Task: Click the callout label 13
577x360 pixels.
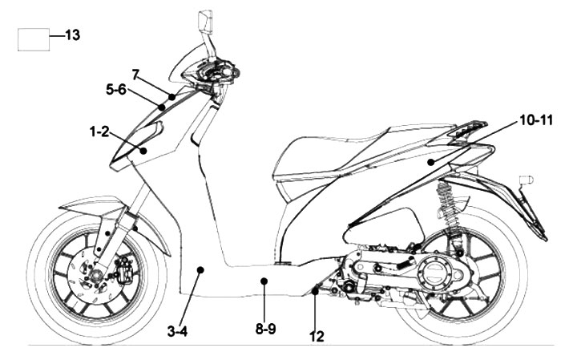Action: pyautogui.click(x=72, y=35)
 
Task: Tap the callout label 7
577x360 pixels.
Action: pyautogui.click(x=135, y=75)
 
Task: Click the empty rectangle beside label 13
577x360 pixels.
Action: pyautogui.click(x=33, y=39)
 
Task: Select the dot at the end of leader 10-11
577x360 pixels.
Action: pyautogui.click(x=430, y=163)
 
